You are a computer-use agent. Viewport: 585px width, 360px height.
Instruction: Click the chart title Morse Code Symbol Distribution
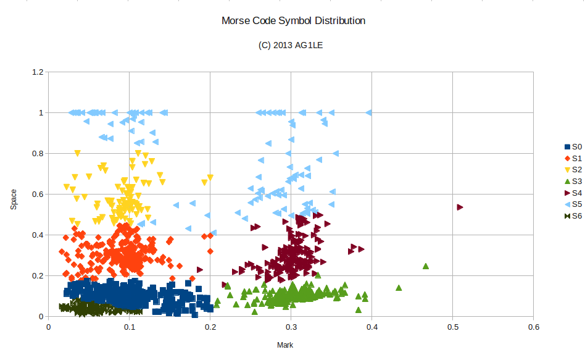click(x=293, y=20)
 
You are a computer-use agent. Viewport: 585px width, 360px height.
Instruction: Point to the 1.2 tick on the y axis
click(x=38, y=72)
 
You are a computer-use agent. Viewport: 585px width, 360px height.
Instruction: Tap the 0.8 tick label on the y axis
click(x=38, y=154)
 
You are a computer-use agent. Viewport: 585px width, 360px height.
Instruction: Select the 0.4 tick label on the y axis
click(x=38, y=235)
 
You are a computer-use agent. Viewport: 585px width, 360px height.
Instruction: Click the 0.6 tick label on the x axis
click(x=534, y=327)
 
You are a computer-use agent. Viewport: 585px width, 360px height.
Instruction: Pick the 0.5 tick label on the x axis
click(x=453, y=327)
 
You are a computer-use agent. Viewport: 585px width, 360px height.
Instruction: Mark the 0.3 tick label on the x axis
click(x=291, y=327)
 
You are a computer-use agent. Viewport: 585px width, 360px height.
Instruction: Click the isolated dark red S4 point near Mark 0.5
click(x=460, y=207)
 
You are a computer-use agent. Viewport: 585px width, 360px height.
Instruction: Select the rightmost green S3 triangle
click(x=425, y=266)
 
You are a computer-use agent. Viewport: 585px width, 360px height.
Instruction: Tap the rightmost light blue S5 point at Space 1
click(x=368, y=112)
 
